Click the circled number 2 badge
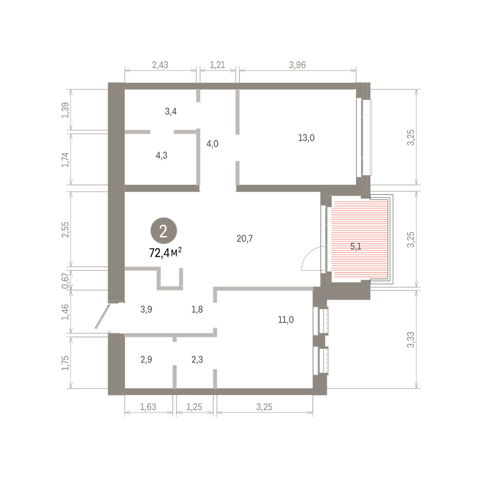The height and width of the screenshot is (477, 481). pyautogui.click(x=164, y=231)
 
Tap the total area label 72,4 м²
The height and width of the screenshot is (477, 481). pyautogui.click(x=165, y=253)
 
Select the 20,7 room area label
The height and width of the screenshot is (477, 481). pyautogui.click(x=245, y=239)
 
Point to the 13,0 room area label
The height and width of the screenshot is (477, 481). pyautogui.click(x=306, y=138)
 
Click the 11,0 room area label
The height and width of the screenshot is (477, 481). pyautogui.click(x=286, y=319)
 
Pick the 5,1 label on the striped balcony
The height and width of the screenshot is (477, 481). pyautogui.click(x=356, y=247)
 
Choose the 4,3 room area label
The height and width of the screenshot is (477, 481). pyautogui.click(x=162, y=156)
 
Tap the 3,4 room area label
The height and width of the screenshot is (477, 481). pyautogui.click(x=171, y=111)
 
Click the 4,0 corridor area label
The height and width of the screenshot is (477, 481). pyautogui.click(x=212, y=144)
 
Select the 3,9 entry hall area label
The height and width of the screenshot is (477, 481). pyautogui.click(x=146, y=309)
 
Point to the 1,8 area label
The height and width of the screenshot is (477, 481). pyautogui.click(x=197, y=309)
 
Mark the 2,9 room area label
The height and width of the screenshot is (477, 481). pyautogui.click(x=146, y=360)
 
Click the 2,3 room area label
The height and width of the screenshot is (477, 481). pyautogui.click(x=197, y=360)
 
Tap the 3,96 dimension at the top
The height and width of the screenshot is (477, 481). pyautogui.click(x=297, y=65)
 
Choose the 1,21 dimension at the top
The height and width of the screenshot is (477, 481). pyautogui.click(x=217, y=65)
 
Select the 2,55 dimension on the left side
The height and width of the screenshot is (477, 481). pyautogui.click(x=65, y=229)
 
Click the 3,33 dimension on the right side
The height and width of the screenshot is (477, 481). pyautogui.click(x=410, y=339)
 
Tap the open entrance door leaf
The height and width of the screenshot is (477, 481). pyautogui.click(x=103, y=316)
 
